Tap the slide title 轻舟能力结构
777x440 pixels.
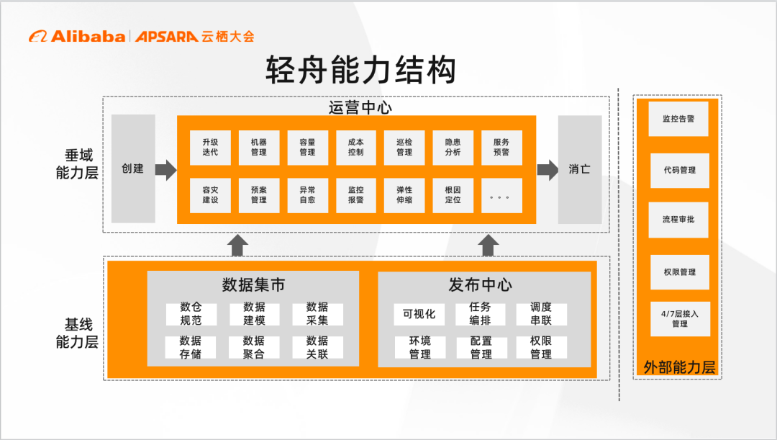(x=360, y=71)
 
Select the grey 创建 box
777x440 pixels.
(x=133, y=169)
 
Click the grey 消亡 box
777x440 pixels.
(x=580, y=169)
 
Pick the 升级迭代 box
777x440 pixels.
(x=210, y=147)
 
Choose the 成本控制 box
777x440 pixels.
(x=355, y=147)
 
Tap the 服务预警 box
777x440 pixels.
(x=501, y=147)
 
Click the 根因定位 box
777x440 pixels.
(x=453, y=194)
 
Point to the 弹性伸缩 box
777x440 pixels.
(x=404, y=194)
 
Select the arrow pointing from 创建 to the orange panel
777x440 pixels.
(x=166, y=170)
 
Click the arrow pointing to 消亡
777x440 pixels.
(x=547, y=170)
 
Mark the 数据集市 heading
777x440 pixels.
(x=253, y=285)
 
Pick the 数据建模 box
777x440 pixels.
(x=254, y=314)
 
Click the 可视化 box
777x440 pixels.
(x=419, y=314)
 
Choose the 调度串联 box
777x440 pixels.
(x=541, y=314)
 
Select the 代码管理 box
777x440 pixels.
(x=679, y=171)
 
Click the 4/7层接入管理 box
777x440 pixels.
(x=679, y=319)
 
